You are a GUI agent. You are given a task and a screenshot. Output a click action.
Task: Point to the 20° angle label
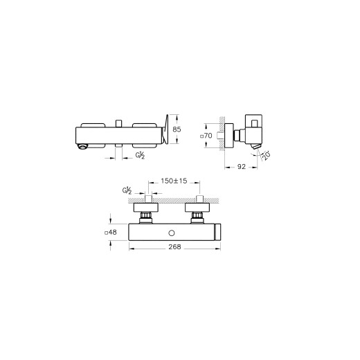click(x=267, y=156)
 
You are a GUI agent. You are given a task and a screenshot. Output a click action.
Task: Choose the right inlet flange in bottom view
click(x=198, y=207)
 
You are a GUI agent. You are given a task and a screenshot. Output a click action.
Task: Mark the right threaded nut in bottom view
click(x=198, y=217)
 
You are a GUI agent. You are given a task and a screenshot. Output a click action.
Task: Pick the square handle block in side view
click(x=254, y=126)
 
